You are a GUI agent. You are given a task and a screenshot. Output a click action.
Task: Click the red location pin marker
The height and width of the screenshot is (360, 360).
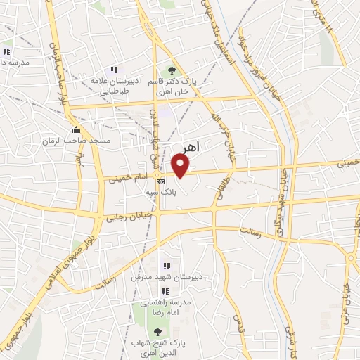pyautogui.click(x=181, y=166)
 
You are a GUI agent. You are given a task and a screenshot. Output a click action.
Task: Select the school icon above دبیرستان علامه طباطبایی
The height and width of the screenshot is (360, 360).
pyautogui.click(x=113, y=70)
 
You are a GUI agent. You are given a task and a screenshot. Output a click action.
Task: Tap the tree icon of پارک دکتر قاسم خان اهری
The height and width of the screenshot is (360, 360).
pyautogui.click(x=170, y=70)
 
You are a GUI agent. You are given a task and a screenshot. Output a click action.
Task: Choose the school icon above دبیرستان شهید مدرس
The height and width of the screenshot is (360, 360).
pyautogui.click(x=167, y=266)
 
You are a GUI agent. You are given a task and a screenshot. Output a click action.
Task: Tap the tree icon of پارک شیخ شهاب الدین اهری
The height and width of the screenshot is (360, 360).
pyautogui.click(x=157, y=330)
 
